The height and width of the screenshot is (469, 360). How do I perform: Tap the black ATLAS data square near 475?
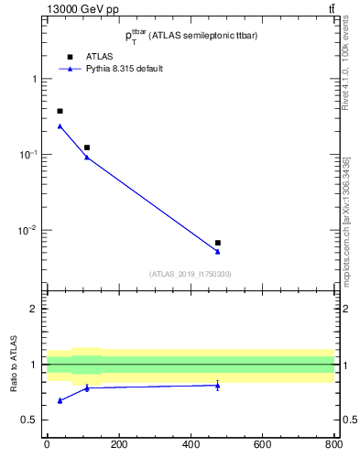click(217, 243)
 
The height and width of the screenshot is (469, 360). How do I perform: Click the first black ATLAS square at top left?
click(60, 111)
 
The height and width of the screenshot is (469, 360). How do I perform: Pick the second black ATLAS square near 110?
click(87, 147)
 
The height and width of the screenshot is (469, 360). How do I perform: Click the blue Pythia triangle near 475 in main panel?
click(217, 251)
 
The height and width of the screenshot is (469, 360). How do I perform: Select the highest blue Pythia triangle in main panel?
click(60, 126)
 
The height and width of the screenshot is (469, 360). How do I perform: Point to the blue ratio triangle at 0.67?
click(60, 400)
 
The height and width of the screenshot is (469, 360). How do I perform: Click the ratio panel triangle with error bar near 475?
click(217, 386)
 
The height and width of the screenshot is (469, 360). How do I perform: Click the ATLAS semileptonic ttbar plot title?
click(191, 36)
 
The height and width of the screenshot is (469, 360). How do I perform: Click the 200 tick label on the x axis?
click(118, 446)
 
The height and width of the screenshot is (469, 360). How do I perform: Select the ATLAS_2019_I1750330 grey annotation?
click(191, 274)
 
